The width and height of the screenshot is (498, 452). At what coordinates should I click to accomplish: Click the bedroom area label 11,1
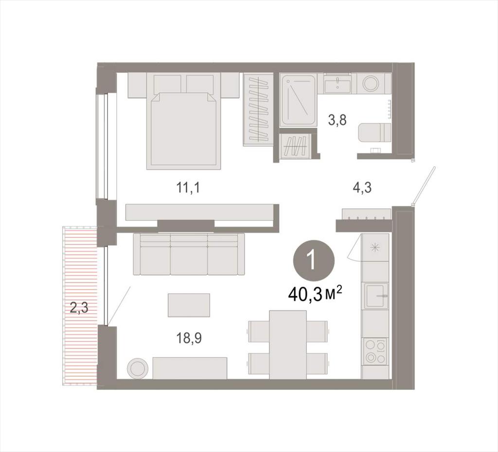(189, 188)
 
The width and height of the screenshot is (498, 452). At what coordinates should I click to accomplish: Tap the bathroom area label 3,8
(337, 120)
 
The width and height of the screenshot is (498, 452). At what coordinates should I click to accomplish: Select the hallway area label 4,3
(362, 188)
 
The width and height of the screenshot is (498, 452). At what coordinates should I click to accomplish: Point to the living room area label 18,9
(189, 338)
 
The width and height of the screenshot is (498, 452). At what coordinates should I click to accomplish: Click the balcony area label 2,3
(79, 308)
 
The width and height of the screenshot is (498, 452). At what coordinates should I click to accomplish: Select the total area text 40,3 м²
(315, 295)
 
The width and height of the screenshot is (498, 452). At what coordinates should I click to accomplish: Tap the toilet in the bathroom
(374, 133)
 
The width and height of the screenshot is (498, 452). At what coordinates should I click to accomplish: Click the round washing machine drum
(371, 84)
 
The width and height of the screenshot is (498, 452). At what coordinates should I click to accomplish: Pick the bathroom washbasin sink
(337, 84)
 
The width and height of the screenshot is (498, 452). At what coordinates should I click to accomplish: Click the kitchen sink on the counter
(376, 296)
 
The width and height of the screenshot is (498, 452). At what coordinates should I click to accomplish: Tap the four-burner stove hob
(375, 351)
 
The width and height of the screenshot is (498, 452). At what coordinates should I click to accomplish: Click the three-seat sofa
(189, 254)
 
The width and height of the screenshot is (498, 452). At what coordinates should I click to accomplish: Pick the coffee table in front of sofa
(189, 305)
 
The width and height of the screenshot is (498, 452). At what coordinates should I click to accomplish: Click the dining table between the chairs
(288, 345)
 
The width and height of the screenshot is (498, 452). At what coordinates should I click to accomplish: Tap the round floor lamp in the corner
(138, 368)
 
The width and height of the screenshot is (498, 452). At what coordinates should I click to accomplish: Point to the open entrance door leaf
(424, 186)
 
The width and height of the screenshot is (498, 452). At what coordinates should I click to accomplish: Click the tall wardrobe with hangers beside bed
(258, 109)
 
